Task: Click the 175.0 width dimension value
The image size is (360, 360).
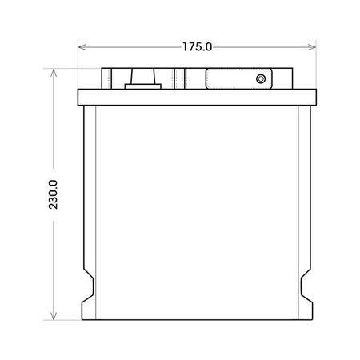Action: [197, 47]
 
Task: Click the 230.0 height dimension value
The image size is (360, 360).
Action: [53, 194]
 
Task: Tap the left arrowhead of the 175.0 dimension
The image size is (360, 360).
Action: [82, 47]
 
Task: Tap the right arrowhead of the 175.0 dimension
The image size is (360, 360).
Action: [312, 47]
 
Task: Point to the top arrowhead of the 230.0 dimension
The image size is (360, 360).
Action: [54, 73]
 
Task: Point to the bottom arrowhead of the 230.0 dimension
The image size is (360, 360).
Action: [54, 315]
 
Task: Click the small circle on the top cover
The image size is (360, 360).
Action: [261, 79]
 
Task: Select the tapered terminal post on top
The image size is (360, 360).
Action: [142, 76]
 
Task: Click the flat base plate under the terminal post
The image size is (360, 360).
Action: [143, 86]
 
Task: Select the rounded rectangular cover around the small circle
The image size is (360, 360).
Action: [238, 78]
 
